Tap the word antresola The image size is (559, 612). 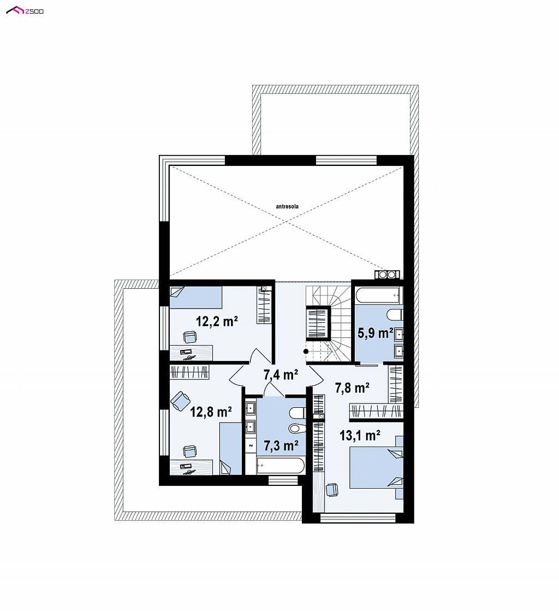click(x=287, y=206)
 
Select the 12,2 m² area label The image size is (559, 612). click(x=217, y=322)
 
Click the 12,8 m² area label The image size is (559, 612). click(x=211, y=412)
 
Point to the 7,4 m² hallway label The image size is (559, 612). click(x=281, y=375)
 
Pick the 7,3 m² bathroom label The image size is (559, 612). click(x=282, y=445)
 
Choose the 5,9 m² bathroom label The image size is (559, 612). click(x=376, y=333)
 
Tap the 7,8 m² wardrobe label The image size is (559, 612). click(x=353, y=388)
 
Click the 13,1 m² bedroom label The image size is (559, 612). click(x=360, y=435)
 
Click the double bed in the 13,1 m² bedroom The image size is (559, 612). click(x=376, y=467)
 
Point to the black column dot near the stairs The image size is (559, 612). click(x=306, y=351)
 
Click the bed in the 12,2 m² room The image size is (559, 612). click(x=195, y=298)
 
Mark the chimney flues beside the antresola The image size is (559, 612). click(x=387, y=275)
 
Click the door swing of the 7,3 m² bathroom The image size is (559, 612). click(x=273, y=389)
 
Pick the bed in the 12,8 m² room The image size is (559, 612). click(x=231, y=449)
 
